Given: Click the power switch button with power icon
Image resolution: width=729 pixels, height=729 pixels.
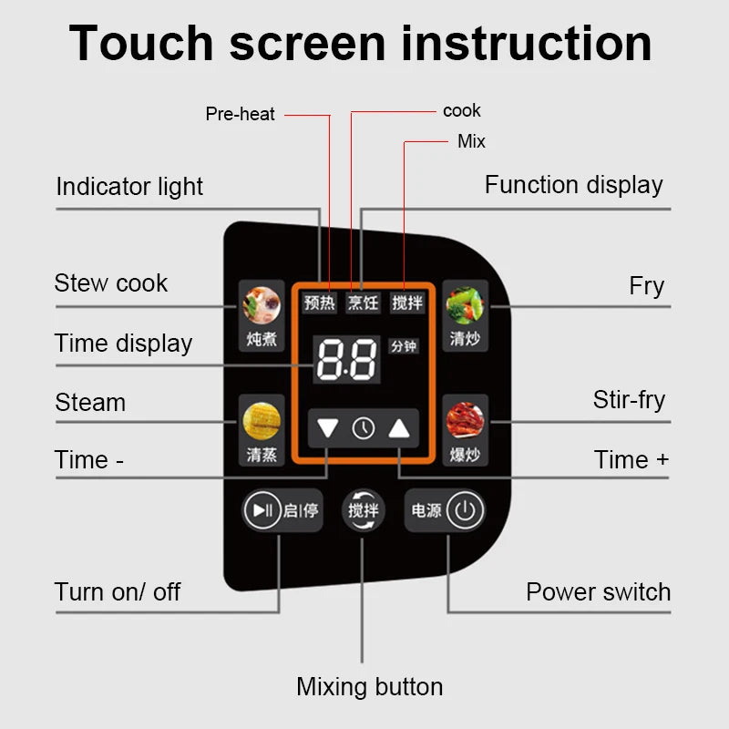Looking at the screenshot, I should pos(465,510).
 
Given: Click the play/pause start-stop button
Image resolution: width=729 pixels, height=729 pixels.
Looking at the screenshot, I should pos(263,510).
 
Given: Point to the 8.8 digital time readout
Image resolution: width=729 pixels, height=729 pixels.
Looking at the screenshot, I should pos(347,359).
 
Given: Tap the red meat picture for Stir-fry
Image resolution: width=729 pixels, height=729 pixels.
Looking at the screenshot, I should pos(465,421).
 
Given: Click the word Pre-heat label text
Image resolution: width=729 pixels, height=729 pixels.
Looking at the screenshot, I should pos(240,115).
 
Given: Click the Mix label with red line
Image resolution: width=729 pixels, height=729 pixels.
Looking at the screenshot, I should pos(471,141).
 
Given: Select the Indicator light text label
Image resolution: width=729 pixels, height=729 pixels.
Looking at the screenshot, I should pos(129,187).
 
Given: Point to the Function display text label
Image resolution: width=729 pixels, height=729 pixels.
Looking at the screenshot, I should pos(573,185).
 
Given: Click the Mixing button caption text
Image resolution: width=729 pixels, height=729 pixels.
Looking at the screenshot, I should pos(369,687).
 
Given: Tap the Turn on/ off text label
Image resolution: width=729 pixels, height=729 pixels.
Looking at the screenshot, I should pos(118,591).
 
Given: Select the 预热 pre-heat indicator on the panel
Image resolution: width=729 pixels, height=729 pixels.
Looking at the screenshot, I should pos(320,303).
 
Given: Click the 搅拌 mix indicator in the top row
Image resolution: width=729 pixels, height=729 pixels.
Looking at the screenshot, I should pos(407,303).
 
